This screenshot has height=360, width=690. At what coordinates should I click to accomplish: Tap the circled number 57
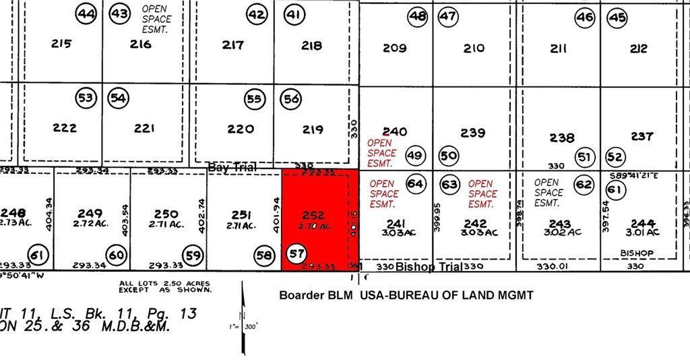[296, 253]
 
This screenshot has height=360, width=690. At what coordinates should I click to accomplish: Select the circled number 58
[264, 254]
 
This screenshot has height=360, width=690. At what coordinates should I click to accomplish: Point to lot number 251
[241, 214]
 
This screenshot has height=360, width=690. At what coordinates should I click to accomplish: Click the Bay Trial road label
[232, 167]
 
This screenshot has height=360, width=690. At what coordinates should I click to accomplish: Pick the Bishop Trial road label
[428, 267]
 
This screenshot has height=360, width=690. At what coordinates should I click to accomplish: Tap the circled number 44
[86, 14]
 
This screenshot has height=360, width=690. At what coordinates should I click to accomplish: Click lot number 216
[140, 44]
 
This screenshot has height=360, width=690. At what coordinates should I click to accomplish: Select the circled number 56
[291, 99]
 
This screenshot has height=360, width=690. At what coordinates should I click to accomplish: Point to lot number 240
[395, 131]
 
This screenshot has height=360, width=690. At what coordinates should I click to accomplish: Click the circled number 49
[414, 156]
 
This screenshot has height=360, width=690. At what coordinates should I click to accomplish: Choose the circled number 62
[584, 184]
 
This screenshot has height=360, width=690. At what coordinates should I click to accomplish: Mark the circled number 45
[617, 18]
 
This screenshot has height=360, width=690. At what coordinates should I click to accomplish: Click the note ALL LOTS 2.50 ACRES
[164, 284]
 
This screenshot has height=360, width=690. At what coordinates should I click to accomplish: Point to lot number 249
[90, 214]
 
